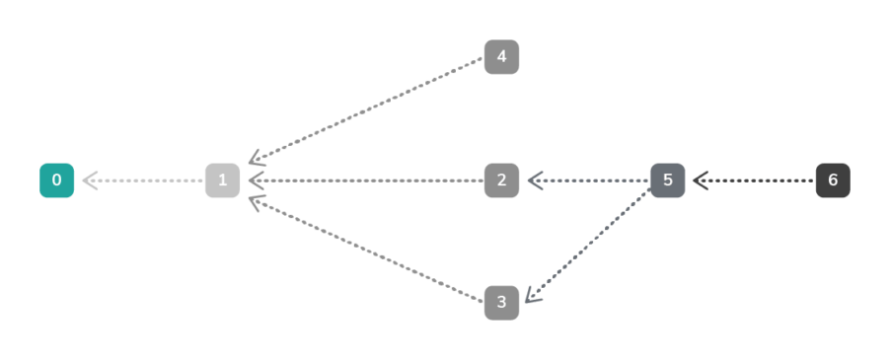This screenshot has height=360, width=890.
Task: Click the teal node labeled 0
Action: pos(56,180)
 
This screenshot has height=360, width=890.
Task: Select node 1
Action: pos(222,180)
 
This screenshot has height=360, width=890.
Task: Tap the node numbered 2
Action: pos(501,180)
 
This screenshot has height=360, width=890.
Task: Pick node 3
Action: pos(501,302)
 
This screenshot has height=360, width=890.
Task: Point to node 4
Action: pos(501,57)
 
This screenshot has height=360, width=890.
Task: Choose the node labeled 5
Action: pos(667,180)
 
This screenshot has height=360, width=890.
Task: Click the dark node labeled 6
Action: pos(833,180)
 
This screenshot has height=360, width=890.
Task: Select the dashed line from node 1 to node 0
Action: pos(148,180)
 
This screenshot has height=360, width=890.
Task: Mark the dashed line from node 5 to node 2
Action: pos(592,180)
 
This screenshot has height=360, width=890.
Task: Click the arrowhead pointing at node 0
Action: pos(89,180)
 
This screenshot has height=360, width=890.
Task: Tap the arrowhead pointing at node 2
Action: pos(534,180)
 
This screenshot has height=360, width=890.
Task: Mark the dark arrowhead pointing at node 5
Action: pos(700,180)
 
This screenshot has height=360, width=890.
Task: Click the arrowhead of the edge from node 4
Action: pos(255,160)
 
